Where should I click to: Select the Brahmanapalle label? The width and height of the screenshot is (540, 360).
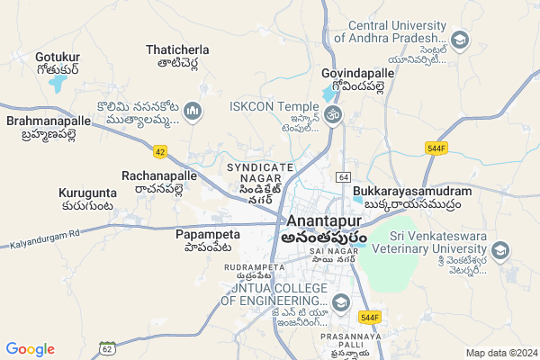pyautogui.click(x=49, y=121)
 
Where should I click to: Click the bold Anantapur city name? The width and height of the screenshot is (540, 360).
pyautogui.click(x=324, y=221)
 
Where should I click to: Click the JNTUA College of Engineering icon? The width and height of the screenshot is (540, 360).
pyautogui.click(x=340, y=302)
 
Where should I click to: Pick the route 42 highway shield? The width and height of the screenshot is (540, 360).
pyautogui.click(x=160, y=151)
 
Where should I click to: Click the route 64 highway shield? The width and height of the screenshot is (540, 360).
pyautogui.click(x=344, y=176)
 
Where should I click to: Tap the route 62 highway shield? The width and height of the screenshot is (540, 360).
pyautogui.click(x=108, y=346)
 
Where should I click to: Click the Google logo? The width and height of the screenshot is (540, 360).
pyautogui.click(x=31, y=348)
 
